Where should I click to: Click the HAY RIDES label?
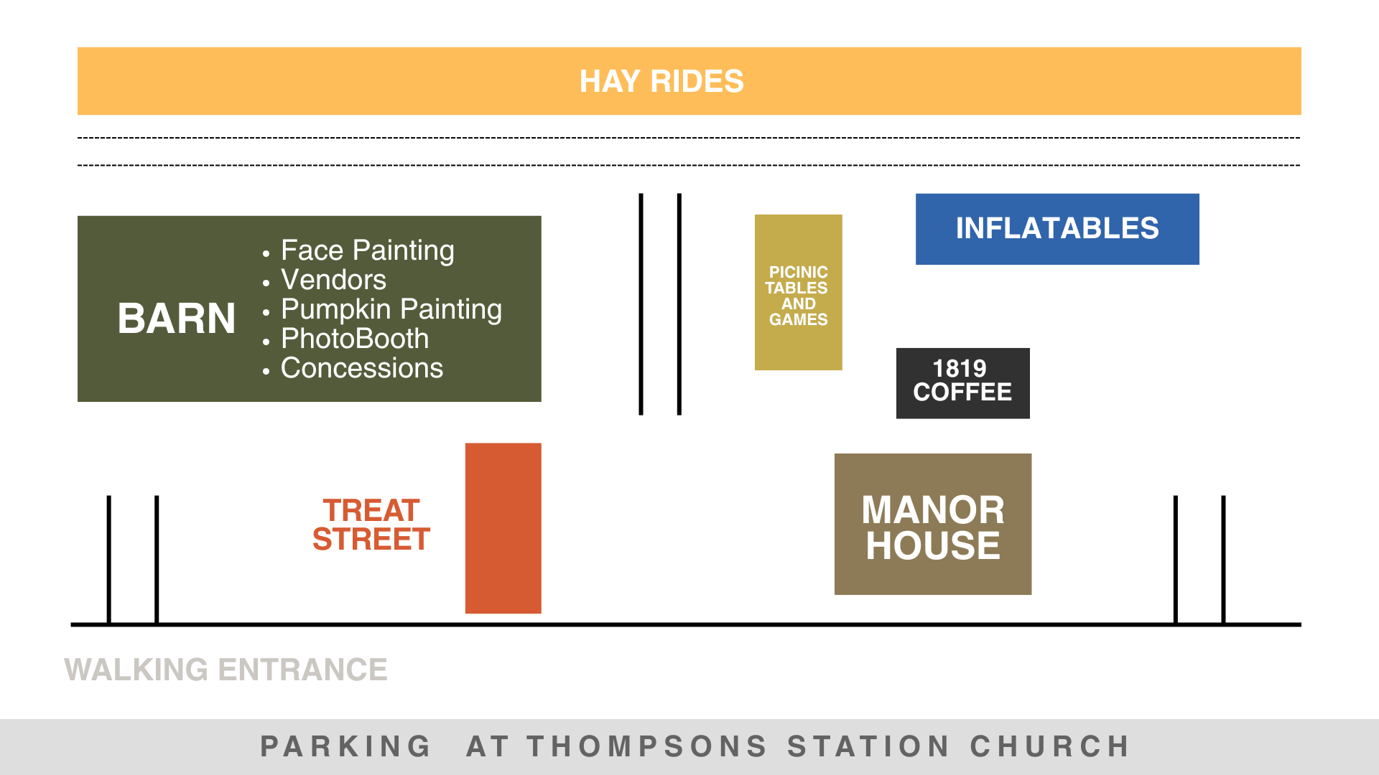[x=661, y=81]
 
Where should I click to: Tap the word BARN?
[x=177, y=318]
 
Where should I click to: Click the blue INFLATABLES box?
[x=1057, y=229]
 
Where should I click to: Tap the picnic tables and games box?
[x=798, y=292]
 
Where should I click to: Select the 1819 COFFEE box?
[x=962, y=383]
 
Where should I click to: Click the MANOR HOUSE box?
[x=933, y=524]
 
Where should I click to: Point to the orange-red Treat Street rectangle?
[x=503, y=528]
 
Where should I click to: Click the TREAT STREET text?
[x=371, y=525]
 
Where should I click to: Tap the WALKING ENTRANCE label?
[x=226, y=670]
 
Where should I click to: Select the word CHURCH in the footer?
[x=1050, y=746]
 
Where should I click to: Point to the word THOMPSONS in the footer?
[x=647, y=746]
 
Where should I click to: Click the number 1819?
[x=960, y=369]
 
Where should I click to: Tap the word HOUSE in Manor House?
[x=933, y=545]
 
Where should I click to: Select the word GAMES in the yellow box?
[x=798, y=319]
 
